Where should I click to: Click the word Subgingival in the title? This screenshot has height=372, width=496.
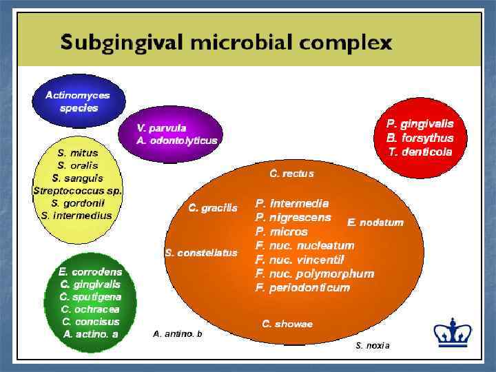(x=121, y=43)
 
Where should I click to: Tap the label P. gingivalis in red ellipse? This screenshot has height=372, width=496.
(x=420, y=124)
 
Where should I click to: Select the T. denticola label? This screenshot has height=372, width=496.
(x=420, y=152)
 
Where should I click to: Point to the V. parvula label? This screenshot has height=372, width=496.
(x=161, y=127)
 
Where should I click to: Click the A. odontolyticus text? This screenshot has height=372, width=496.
(x=177, y=140)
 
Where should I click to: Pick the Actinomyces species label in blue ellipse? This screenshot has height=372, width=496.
(x=78, y=101)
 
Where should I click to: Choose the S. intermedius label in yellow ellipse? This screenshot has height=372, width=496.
(x=76, y=215)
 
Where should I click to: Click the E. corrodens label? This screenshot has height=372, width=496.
(x=90, y=271)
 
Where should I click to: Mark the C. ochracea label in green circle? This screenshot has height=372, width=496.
(x=90, y=309)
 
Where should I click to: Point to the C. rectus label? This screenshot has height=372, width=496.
(x=291, y=174)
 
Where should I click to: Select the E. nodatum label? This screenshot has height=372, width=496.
(x=375, y=223)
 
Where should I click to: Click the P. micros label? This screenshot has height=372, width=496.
(x=281, y=232)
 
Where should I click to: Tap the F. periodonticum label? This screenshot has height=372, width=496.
(x=302, y=287)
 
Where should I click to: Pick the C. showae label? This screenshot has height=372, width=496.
(x=287, y=324)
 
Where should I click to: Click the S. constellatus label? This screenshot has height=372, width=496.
(x=201, y=253)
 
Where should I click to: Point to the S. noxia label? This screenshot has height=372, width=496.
(x=373, y=345)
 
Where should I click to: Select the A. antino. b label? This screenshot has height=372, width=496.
(x=178, y=334)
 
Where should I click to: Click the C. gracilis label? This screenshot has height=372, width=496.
(x=213, y=208)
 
